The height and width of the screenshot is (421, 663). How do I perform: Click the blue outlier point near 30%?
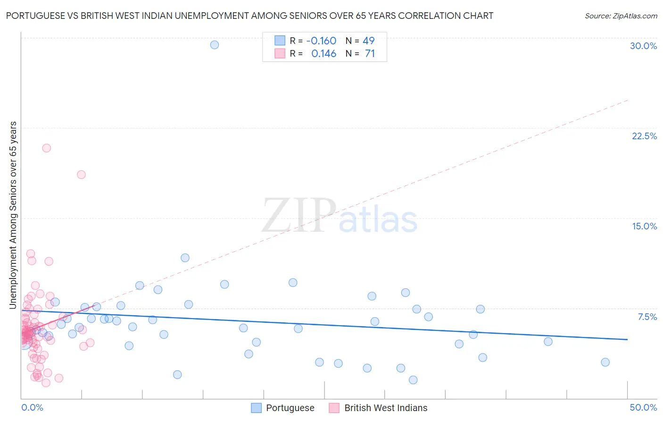click(215, 45)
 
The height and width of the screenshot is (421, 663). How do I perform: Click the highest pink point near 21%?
click(46, 148)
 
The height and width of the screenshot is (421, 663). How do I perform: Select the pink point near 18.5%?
click(81, 175)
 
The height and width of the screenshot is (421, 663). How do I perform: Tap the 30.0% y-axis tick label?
click(643, 46)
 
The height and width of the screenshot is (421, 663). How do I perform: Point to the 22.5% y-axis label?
click(644, 136)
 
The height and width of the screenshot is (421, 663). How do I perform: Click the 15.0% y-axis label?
click(644, 226)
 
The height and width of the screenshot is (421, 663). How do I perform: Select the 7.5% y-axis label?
click(647, 317)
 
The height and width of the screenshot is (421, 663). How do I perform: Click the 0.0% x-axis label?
click(32, 407)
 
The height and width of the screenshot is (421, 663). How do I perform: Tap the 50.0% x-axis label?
click(643, 407)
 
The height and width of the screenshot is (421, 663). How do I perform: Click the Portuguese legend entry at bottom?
click(290, 408)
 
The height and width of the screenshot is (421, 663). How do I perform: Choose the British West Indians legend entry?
click(385, 408)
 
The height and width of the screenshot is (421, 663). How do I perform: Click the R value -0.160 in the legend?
click(321, 41)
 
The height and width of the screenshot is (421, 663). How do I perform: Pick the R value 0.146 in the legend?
click(323, 54)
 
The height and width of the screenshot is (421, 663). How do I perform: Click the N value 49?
click(368, 41)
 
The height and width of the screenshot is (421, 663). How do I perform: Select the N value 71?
click(370, 54)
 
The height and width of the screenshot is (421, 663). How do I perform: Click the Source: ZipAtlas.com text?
click(621, 16)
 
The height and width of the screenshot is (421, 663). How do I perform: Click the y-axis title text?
click(13, 215)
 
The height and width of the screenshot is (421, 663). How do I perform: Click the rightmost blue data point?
click(605, 362)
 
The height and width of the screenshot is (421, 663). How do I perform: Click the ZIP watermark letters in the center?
click(299, 216)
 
